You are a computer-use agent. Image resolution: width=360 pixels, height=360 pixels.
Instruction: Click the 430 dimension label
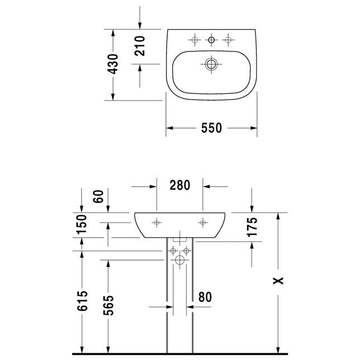coord(113,64)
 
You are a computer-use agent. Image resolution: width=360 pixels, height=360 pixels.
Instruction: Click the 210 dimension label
coord(140,46)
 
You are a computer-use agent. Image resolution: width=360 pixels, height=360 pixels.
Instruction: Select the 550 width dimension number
coord(211,128)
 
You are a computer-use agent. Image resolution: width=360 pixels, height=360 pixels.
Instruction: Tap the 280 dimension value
coord(180,185)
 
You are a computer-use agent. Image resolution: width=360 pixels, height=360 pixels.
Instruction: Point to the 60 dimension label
coord(98,196)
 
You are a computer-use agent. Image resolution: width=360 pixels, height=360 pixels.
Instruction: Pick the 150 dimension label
coord(82,224)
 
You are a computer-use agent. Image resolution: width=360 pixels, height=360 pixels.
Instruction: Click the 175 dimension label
coord(252,227)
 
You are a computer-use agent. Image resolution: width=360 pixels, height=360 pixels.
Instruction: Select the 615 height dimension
coord(82,301)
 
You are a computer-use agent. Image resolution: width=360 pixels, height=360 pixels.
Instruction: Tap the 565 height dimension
coord(108,305)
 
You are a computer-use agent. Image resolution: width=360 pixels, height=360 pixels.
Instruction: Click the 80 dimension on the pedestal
coord(205,297)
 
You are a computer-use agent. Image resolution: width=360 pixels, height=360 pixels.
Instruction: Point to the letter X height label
coord(278,281)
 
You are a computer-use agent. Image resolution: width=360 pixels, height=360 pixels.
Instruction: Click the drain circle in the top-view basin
coord(211,64)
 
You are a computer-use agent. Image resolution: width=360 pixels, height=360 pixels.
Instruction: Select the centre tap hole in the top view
coord(211,40)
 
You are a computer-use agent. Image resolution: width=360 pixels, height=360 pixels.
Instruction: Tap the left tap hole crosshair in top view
coord(195,40)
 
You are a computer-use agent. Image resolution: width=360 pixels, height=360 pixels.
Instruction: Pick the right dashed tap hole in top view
coord(228,40)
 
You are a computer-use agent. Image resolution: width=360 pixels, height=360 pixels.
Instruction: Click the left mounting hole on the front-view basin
coord(157,222)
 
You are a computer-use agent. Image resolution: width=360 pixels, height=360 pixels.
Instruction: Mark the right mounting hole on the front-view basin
coord(203,222)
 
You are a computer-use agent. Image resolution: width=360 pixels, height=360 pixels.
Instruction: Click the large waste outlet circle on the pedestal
coord(179,260)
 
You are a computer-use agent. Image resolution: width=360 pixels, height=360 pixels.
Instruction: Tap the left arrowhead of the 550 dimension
coord(169,128)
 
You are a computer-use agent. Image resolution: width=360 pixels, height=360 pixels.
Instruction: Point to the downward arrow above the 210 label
coord(140,18)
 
